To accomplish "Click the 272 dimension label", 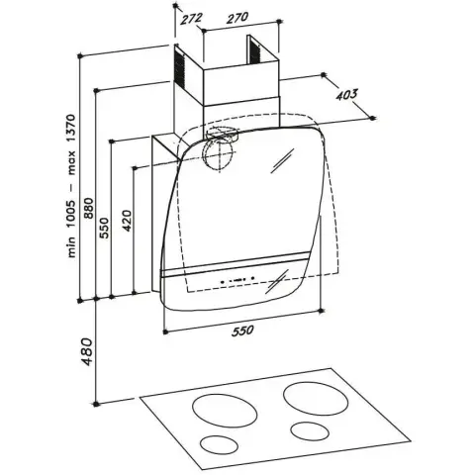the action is tap(191, 18).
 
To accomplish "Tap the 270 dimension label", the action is tap(237, 18).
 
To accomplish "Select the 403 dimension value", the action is tap(346, 95).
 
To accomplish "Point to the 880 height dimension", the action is tap(89, 208).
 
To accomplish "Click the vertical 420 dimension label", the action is tap(128, 221).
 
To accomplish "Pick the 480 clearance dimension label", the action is tap(87, 351).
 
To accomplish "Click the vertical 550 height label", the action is tap(104, 228).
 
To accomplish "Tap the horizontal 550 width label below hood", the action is tap(242, 331).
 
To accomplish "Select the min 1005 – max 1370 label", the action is tap(71, 186).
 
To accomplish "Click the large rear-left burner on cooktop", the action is tap(225, 411).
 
